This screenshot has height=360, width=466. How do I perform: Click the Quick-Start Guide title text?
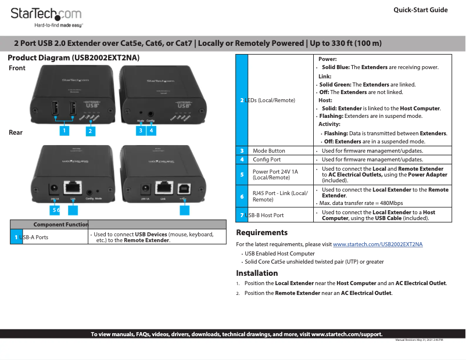(x=420, y=10)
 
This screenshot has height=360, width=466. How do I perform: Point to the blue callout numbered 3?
(x=140, y=131)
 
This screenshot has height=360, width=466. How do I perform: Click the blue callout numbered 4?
(x=151, y=131)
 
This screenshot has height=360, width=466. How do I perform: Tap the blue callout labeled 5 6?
(x=56, y=210)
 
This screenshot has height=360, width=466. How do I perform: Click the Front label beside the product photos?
(x=17, y=68)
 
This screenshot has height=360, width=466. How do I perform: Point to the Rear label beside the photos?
(x=16, y=132)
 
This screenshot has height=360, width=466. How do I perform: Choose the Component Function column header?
(x=60, y=224)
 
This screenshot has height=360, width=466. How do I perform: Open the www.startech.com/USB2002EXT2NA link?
(x=378, y=244)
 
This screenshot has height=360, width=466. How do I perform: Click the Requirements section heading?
(x=261, y=233)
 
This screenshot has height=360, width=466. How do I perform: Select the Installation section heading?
(x=257, y=273)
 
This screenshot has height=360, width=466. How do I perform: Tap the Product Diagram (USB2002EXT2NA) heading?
(x=73, y=58)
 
